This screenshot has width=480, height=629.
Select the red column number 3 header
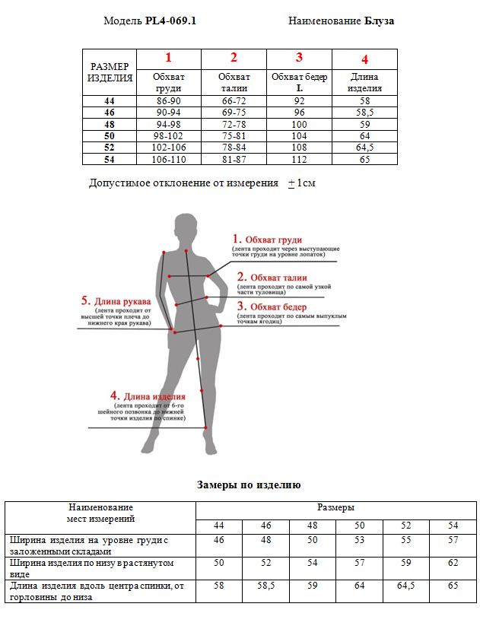coord(299,58)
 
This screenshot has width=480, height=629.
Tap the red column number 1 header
coord(168,58)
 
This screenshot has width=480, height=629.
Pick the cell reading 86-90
coord(168,100)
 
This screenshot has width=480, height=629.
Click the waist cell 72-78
coord(234,124)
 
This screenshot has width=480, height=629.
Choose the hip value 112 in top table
coord(299,159)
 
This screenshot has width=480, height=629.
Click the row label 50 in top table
coord(110,135)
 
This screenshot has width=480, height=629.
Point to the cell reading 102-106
coord(168,148)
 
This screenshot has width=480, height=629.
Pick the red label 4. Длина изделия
coord(148,397)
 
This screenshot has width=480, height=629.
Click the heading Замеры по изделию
coord(249,484)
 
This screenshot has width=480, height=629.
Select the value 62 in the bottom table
coord(453,563)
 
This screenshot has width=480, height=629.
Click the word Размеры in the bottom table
coord(335,508)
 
